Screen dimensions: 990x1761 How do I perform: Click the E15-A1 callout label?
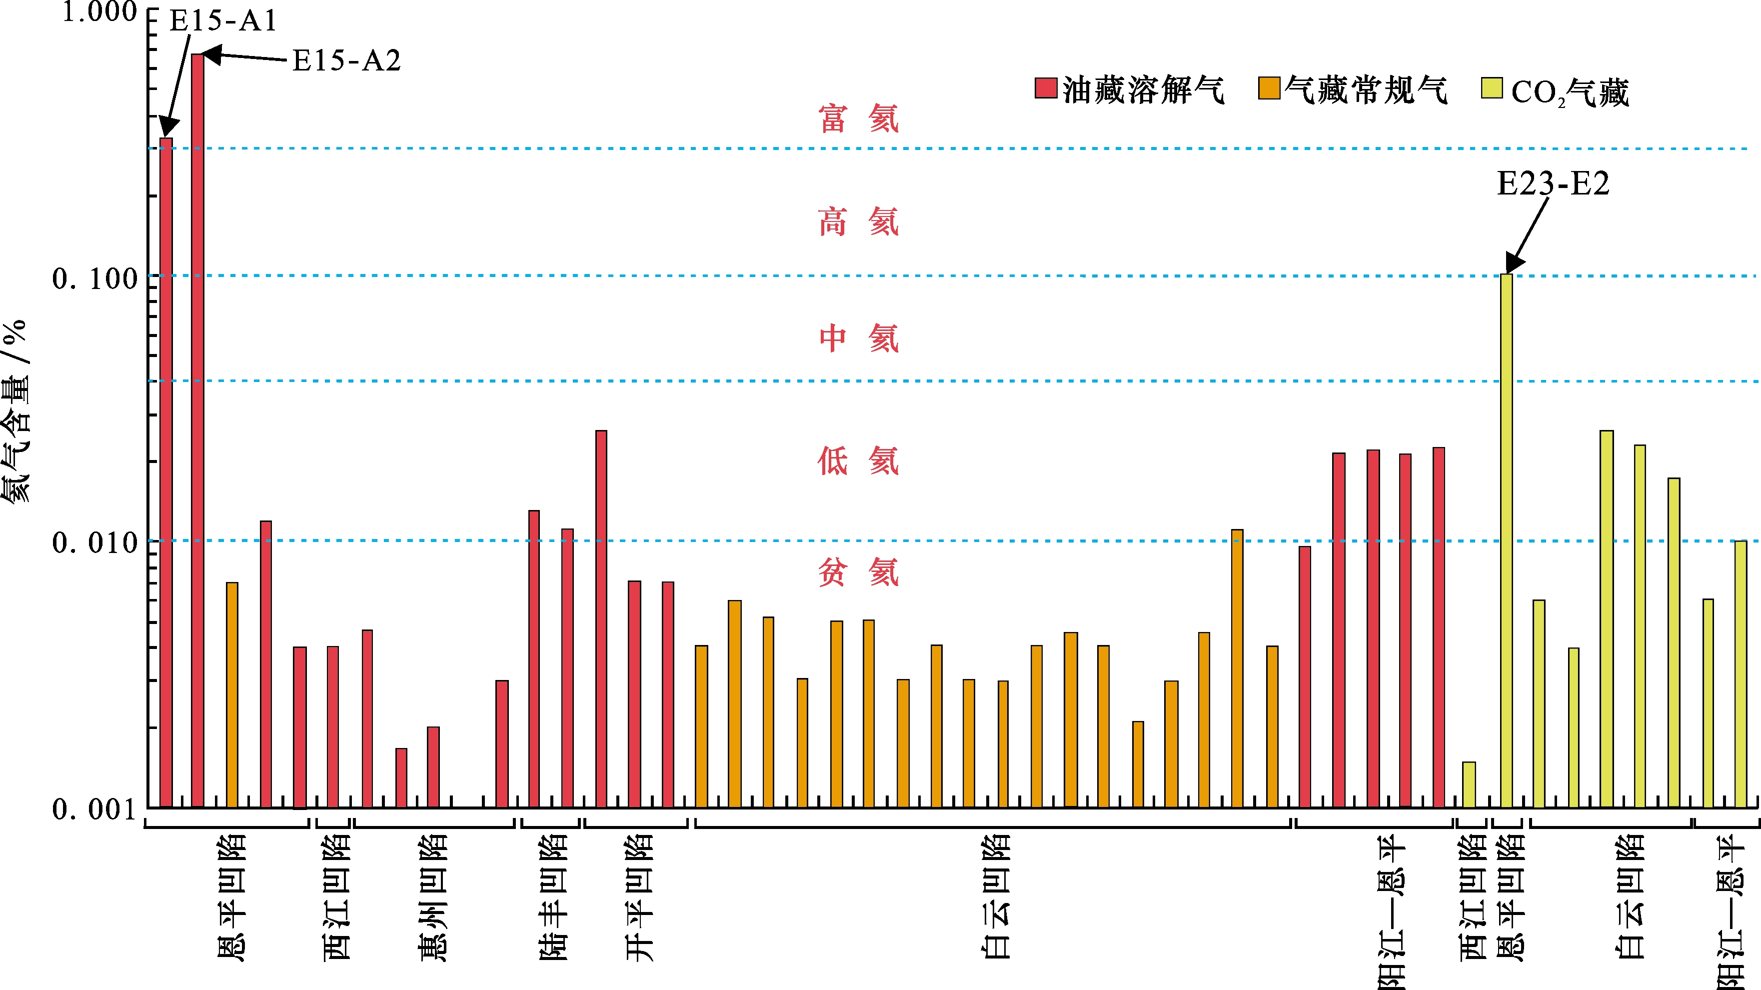coord(223,20)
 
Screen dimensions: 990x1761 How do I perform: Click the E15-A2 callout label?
coord(346,61)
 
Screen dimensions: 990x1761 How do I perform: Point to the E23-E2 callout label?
coord(1553,183)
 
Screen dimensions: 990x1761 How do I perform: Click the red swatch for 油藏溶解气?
coord(1046,88)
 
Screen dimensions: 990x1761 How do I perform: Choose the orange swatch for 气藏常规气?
coord(1269,88)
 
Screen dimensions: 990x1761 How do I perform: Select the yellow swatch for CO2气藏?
coord(1492,88)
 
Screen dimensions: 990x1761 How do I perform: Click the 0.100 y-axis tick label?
coord(95,278)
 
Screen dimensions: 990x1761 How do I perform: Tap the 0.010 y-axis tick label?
coord(95,543)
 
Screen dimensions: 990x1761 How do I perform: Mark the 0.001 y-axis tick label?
coord(95,809)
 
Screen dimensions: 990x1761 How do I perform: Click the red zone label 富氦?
coord(859,119)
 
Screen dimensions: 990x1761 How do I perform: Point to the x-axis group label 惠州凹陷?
coord(433,897)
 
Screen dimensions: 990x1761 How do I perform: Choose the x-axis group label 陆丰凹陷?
coord(553,897)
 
